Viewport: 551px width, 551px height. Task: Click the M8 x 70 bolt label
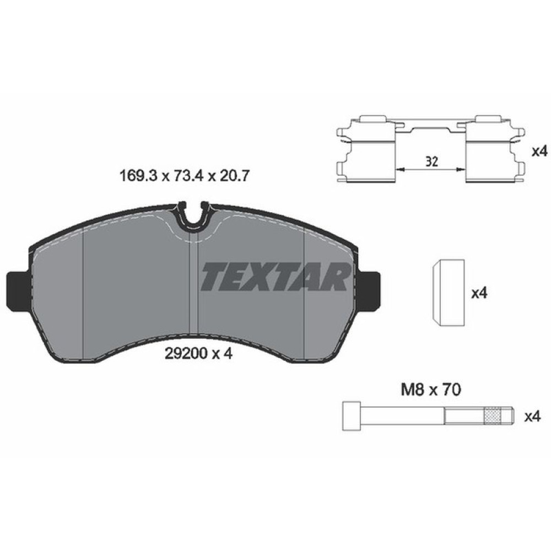click(x=429, y=390)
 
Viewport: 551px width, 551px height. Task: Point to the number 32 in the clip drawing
click(x=432, y=161)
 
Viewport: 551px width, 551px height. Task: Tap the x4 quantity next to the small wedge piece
click(x=480, y=293)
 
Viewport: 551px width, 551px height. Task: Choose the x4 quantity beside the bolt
click(x=532, y=417)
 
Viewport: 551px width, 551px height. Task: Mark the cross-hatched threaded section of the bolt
click(x=494, y=417)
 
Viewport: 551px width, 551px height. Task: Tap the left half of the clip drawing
click(x=368, y=149)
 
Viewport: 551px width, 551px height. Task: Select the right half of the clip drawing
click(x=493, y=149)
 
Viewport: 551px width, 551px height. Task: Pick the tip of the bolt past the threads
click(x=510, y=417)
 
